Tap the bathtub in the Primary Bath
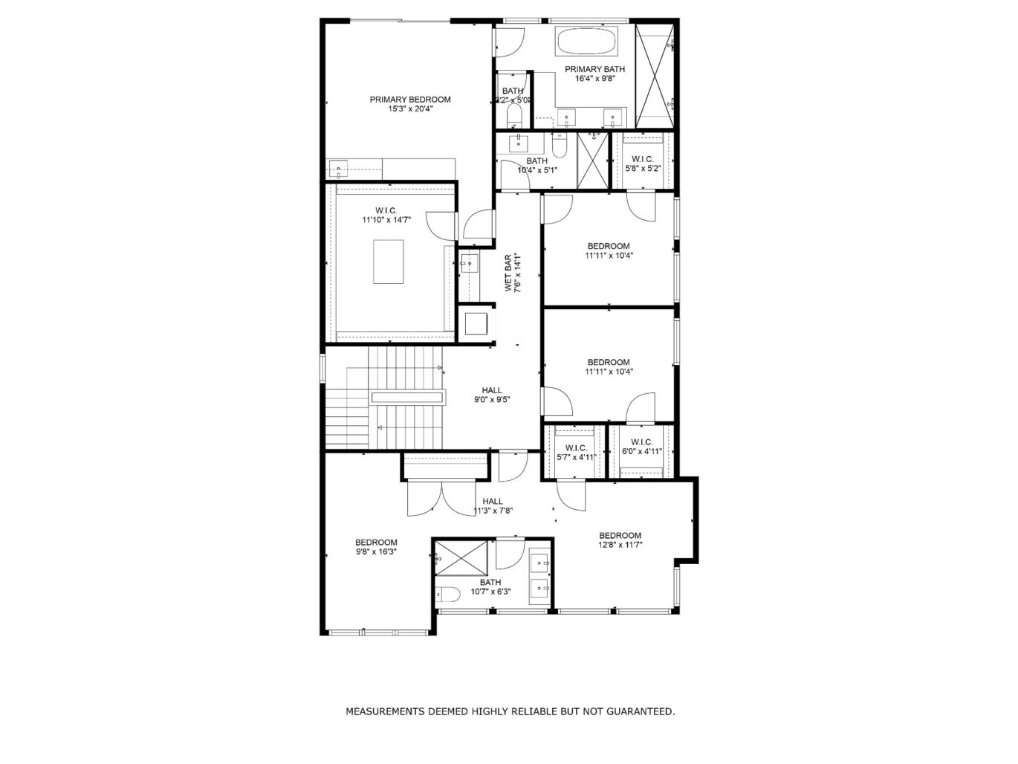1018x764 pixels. click(x=586, y=42)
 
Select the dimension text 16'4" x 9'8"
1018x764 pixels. click(x=594, y=78)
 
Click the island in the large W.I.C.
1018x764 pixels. click(x=388, y=261)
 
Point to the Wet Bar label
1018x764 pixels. click(x=510, y=273)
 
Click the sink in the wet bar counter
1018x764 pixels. click(x=469, y=262)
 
